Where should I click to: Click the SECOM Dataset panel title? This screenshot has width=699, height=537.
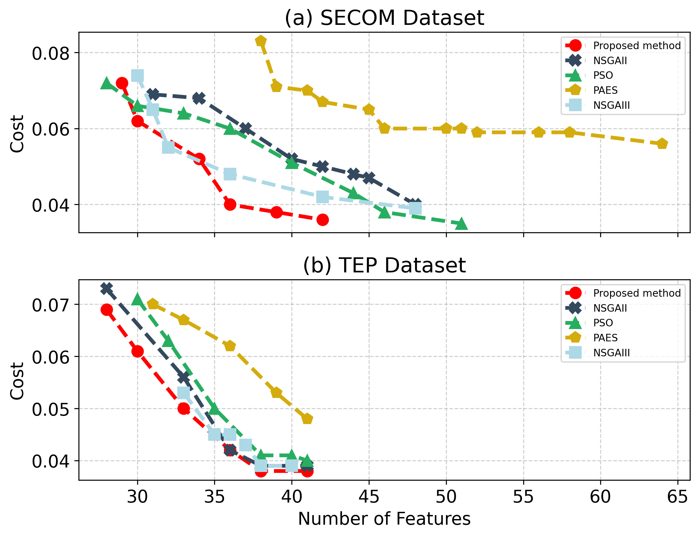click(x=384, y=18)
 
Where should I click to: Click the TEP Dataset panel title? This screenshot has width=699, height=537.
click(x=384, y=265)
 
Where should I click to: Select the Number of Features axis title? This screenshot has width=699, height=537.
click(x=384, y=519)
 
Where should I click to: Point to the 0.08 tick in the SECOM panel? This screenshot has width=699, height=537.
click(x=51, y=53)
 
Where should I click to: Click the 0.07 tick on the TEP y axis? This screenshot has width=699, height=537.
click(x=51, y=305)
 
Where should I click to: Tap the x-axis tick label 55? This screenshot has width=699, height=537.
click(x=523, y=497)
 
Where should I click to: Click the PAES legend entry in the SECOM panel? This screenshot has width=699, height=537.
click(x=605, y=90)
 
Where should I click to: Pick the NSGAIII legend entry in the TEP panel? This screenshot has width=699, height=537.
click(x=611, y=353)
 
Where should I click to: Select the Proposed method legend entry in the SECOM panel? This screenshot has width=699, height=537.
click(x=636, y=46)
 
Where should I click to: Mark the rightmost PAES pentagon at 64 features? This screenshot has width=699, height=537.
click(x=662, y=144)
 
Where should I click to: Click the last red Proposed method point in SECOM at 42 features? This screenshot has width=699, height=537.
click(x=323, y=220)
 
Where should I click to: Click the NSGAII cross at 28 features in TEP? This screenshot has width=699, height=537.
click(x=106, y=288)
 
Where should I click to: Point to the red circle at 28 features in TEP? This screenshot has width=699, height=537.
click(x=106, y=310)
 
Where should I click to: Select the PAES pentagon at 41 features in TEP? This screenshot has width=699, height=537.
click(x=307, y=419)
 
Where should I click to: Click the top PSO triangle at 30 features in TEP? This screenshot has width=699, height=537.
click(x=137, y=299)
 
